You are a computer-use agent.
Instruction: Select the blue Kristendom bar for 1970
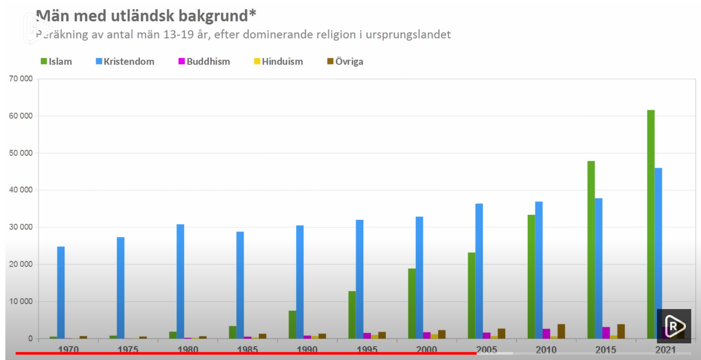[x=61, y=292]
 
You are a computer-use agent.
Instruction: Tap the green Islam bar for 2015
[x=591, y=249]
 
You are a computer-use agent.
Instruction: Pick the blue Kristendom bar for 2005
[x=479, y=271]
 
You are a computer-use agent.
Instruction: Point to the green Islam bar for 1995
[x=352, y=314]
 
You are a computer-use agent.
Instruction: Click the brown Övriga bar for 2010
[x=561, y=331]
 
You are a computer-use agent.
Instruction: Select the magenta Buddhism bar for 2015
[x=606, y=333]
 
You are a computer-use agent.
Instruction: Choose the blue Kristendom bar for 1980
[x=180, y=281]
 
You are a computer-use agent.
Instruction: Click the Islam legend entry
[x=56, y=62]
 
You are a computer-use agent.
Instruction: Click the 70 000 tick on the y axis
[x=21, y=79]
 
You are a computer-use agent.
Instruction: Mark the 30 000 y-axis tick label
[x=21, y=227]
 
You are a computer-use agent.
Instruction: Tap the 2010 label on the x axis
[x=546, y=350]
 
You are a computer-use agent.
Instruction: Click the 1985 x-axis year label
[x=247, y=350]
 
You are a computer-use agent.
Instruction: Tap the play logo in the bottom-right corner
[x=675, y=326]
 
